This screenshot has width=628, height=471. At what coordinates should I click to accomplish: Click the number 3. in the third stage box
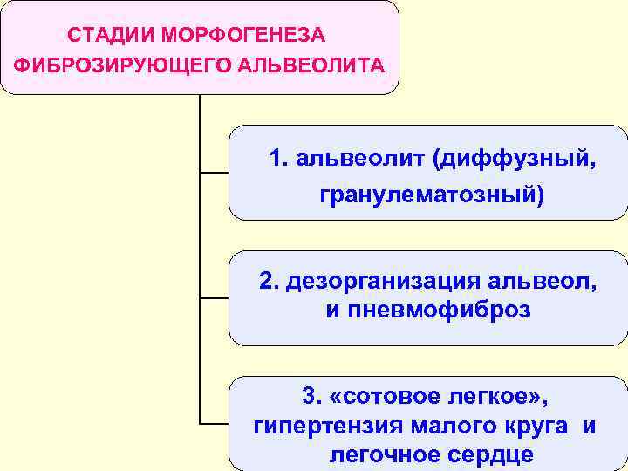(x=311, y=397)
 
